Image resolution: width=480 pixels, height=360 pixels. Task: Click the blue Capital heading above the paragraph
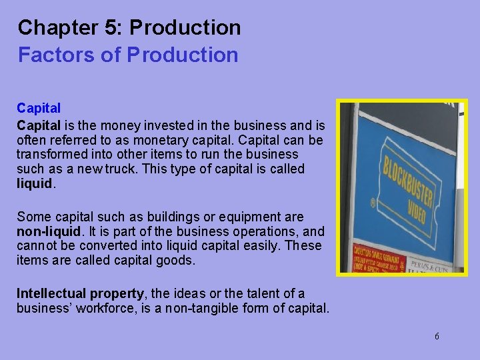click(x=39, y=108)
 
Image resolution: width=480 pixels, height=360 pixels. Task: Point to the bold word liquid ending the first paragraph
click(x=35, y=184)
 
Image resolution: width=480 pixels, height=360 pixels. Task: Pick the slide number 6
click(x=437, y=336)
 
